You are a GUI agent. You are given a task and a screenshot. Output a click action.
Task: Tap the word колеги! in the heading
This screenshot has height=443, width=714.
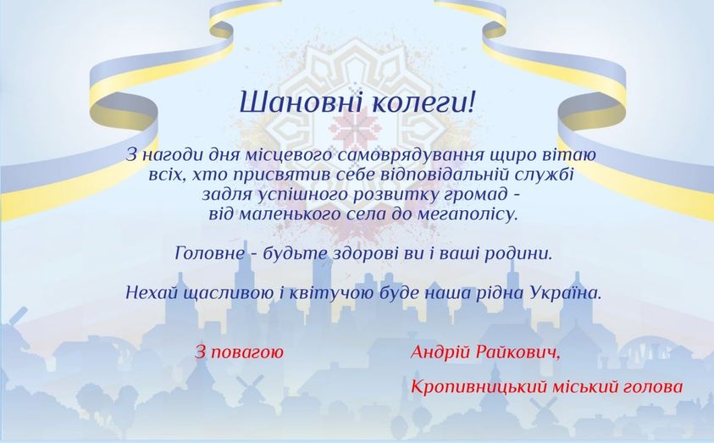point(423,102)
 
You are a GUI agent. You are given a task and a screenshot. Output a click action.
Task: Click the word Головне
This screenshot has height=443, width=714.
point(209,253)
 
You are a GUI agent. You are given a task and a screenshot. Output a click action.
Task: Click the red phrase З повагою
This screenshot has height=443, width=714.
point(239,352)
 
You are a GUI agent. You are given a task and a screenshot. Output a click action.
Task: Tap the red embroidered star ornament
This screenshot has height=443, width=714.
point(357,126)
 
